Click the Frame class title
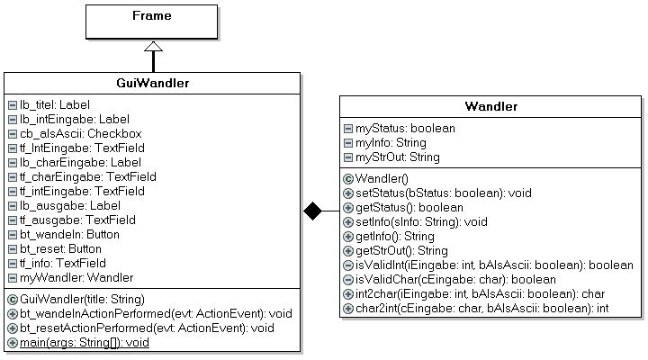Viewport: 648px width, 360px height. pos(152,15)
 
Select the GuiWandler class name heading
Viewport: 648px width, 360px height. pos(152,83)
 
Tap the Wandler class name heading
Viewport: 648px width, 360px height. pos(491,106)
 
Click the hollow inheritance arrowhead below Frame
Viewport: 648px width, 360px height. pos(153,46)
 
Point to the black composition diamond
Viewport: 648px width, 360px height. pos(312,211)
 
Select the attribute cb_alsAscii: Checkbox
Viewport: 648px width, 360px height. pos(81,133)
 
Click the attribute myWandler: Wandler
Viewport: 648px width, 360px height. pos(76,277)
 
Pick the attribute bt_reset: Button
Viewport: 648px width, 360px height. pos(60,248)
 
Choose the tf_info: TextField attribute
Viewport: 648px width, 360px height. pos(63,263)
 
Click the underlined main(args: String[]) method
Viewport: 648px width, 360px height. pos(85,343)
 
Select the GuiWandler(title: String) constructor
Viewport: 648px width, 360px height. pos(82,299)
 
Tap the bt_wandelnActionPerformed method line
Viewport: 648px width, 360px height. pos(156,314)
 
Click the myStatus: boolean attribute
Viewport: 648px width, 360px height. pos(405,128)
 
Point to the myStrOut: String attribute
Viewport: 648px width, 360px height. pos(398,157)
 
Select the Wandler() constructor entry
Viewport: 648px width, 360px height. pos(382,178)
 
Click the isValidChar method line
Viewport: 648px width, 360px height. pos(455,279)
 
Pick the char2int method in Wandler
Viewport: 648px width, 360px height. pos(481,309)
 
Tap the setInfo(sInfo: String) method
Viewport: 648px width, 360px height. pos(421,222)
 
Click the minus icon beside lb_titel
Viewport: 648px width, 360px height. pos(13,105)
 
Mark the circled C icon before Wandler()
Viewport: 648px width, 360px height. pos(348,179)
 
